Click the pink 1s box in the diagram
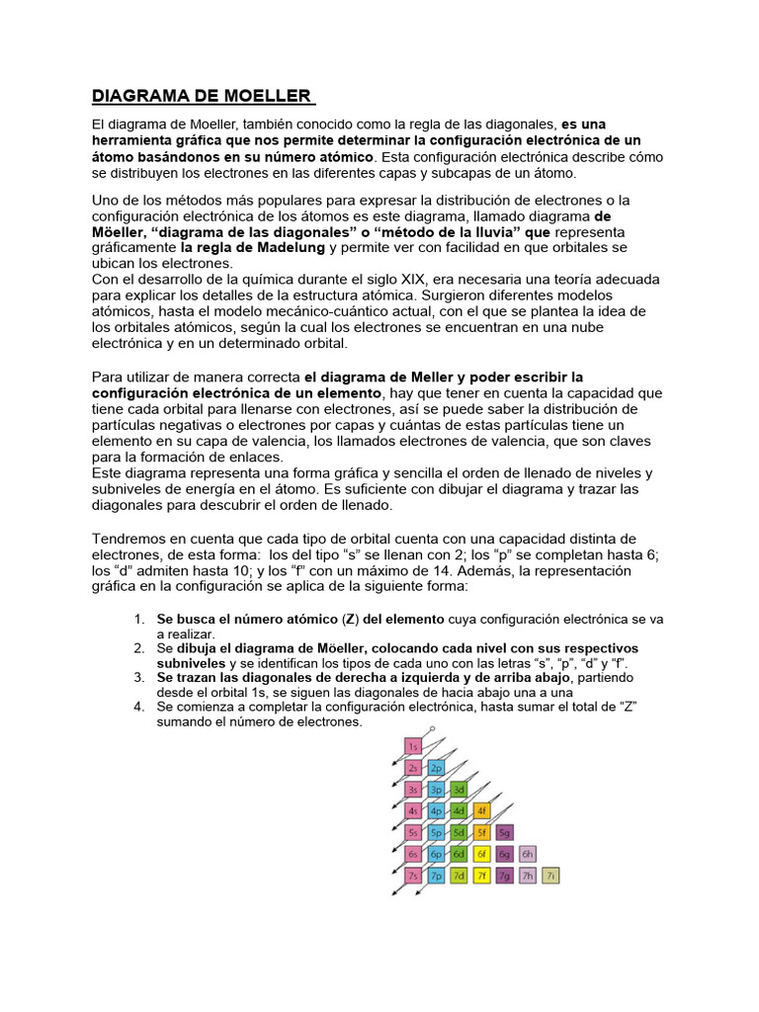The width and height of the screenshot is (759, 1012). (x=414, y=745)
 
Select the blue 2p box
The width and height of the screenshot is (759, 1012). (x=436, y=767)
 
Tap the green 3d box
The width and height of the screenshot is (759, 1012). (x=459, y=789)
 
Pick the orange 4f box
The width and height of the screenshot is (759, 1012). (x=482, y=810)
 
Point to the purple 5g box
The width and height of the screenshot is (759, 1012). (x=505, y=832)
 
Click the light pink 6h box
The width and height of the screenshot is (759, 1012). (x=528, y=854)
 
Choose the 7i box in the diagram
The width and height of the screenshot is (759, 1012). (x=551, y=876)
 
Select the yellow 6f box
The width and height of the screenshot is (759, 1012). (x=482, y=854)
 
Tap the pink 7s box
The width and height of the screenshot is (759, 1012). (x=414, y=876)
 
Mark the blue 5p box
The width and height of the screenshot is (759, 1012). (x=436, y=832)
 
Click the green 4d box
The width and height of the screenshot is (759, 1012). (x=459, y=810)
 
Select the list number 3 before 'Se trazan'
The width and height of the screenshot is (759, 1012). (x=139, y=677)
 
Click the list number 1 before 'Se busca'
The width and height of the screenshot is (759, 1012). (x=139, y=620)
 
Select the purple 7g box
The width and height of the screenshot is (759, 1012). (x=505, y=876)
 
